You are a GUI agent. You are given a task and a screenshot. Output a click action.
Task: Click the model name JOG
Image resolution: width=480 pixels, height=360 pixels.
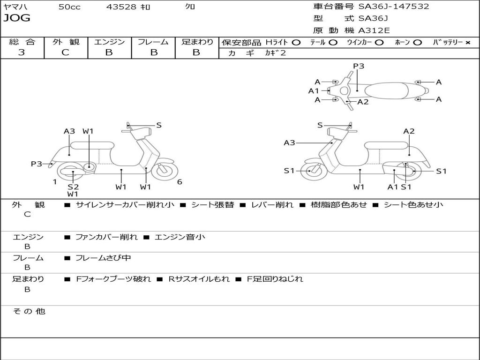pos(17,18)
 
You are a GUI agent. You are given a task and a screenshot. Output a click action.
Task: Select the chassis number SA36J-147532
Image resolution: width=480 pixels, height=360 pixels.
pos(394,7)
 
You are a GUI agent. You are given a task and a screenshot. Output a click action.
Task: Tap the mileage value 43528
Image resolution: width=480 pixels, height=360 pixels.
pos(121,7)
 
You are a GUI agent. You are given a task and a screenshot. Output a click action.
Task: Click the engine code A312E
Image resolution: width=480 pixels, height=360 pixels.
pos(374,30)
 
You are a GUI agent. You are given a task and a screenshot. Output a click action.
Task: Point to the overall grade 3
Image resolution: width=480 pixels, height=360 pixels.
pos(22,52)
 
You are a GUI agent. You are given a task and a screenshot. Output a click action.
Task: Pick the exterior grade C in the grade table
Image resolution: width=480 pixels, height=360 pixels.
pos(65,52)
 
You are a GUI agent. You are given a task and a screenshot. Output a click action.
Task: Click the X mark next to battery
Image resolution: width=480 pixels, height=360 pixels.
pos(467,42)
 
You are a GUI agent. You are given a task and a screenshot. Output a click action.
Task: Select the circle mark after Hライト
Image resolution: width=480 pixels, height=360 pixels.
pos(296,42)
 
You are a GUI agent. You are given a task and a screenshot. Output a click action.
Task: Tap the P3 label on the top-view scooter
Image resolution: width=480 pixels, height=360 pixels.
pos(359,66)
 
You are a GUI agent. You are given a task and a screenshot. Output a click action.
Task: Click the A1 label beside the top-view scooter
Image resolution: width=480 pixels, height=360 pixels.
pos(314,91)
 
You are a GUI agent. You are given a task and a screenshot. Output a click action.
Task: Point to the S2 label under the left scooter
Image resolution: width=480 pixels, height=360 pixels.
pos(73,187)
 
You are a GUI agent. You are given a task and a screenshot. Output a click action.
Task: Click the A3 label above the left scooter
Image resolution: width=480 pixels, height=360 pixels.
pos(69,131)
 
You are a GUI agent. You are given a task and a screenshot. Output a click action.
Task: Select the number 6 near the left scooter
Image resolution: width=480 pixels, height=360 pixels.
pos(180,182)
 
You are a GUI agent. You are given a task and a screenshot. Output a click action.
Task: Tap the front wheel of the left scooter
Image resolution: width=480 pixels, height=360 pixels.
pos(163,171)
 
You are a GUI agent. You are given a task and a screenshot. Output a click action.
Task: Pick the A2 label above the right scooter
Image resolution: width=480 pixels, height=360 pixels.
pos(409,131)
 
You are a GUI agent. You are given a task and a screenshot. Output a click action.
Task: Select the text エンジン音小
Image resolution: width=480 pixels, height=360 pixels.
pos(180,237)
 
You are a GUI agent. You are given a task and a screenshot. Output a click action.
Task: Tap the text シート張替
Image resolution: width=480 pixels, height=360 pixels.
pos(212,204)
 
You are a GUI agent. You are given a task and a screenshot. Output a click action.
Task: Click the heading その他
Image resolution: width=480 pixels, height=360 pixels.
pos(29,311)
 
